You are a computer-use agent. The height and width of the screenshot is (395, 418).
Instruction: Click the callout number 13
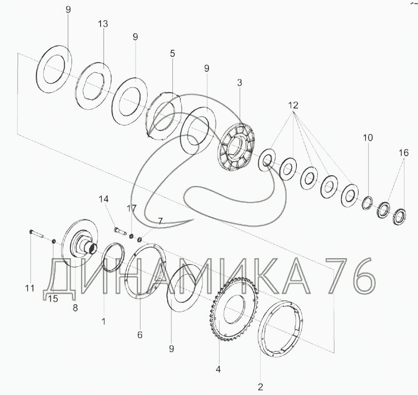[x=103, y=24]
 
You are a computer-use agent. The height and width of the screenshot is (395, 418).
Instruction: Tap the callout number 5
[x=172, y=54]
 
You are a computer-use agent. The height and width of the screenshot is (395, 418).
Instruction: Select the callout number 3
[x=240, y=83]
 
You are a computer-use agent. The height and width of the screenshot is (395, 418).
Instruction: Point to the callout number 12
[x=293, y=105]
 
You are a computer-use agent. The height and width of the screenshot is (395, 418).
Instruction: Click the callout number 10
[x=368, y=138]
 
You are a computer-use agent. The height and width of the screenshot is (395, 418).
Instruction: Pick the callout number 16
[x=404, y=153]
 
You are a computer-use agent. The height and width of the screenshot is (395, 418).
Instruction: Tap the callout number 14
[x=104, y=199]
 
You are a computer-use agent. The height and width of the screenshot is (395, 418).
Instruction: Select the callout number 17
[x=132, y=208]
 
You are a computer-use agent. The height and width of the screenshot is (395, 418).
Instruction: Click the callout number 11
[x=30, y=288]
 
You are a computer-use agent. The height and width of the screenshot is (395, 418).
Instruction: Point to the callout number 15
[x=53, y=299]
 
